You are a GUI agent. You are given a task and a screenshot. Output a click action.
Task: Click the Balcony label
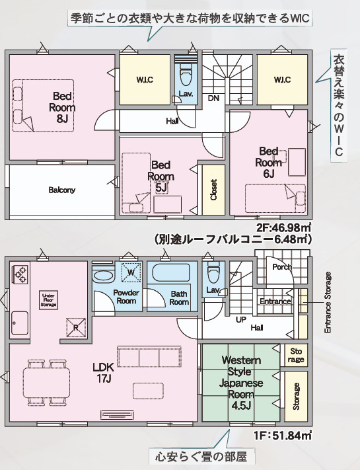[x=62, y=190]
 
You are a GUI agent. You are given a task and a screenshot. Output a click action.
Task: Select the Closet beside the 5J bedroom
[x=213, y=190]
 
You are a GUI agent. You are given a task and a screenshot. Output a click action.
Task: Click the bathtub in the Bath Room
[x=171, y=272]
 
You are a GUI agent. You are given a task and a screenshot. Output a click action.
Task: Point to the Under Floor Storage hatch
[x=48, y=299]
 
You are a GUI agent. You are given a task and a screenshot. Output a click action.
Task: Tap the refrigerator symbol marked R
[x=76, y=327]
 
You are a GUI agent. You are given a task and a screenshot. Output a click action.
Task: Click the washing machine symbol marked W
[x=131, y=272]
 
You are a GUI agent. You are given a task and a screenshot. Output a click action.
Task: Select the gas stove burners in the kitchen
[x=20, y=274]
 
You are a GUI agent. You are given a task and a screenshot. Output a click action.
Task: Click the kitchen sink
[x=20, y=323]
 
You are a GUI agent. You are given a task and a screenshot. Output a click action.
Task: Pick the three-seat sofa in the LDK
[x=149, y=357]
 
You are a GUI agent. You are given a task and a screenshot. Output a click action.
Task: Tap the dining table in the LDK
[x=46, y=383]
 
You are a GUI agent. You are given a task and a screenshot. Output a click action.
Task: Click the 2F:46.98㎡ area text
[x=283, y=228]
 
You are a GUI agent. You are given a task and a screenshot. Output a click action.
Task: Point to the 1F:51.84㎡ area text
[x=283, y=435]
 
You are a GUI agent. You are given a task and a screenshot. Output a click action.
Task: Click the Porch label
[x=282, y=266]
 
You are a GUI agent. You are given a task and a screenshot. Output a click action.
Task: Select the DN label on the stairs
[x=213, y=98]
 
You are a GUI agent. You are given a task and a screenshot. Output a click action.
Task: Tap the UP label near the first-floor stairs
[x=241, y=319]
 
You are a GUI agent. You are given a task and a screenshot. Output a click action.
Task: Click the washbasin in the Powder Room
[x=103, y=276]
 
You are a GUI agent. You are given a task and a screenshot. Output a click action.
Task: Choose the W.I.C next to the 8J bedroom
[x=145, y=80]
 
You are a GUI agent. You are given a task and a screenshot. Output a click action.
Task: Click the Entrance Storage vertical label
[x=328, y=302]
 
